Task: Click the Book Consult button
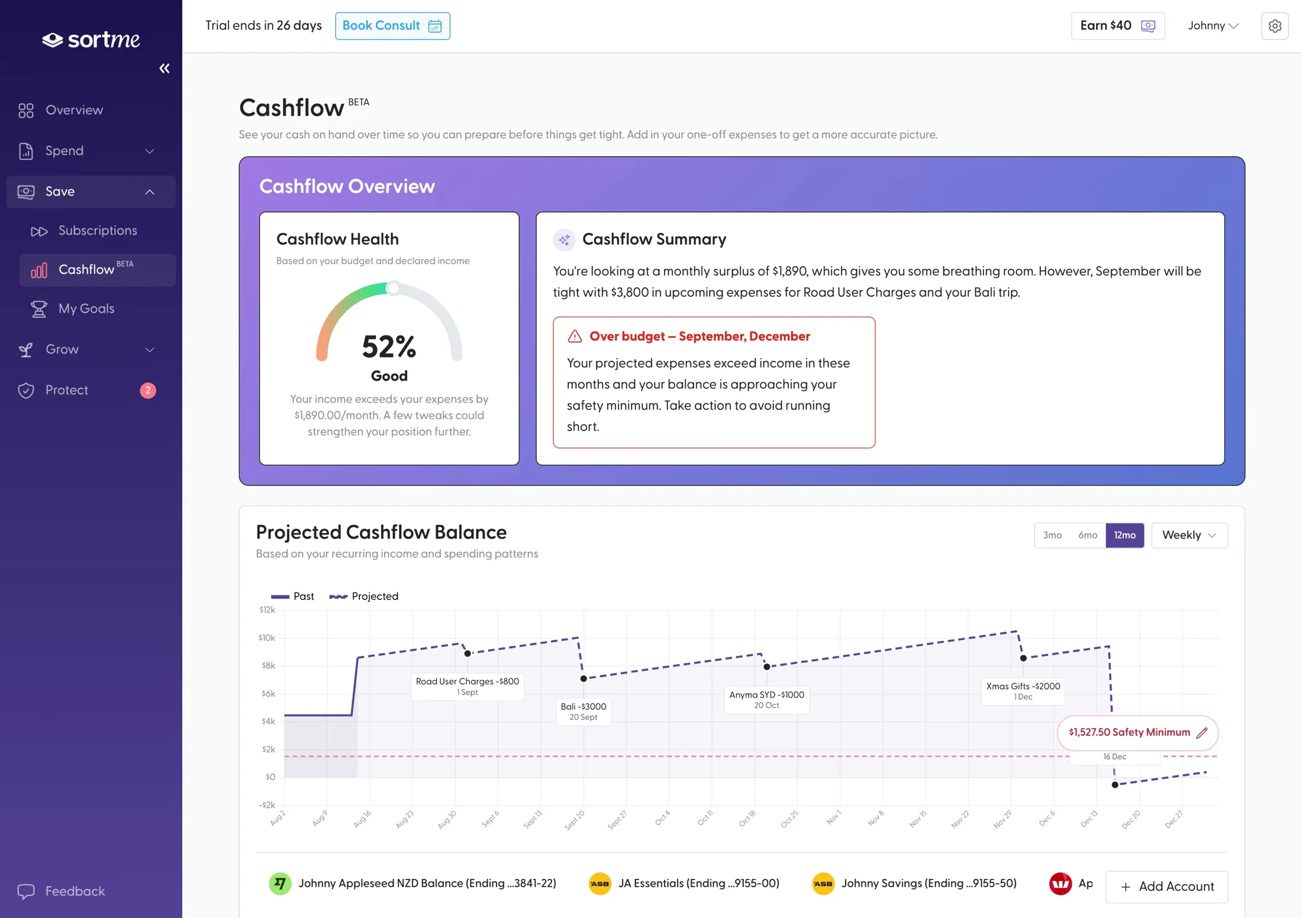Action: (392, 26)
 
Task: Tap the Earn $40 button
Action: (1117, 26)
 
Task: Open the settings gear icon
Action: (1275, 26)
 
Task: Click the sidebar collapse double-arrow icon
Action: (165, 69)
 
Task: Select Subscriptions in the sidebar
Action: (98, 231)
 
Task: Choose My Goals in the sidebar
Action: (86, 309)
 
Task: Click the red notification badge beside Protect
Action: (148, 391)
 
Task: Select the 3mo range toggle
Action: (1052, 535)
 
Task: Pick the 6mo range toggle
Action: (1088, 535)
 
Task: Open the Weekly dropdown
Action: (1190, 535)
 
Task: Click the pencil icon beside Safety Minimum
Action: (1202, 733)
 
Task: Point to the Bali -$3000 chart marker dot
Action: (584, 679)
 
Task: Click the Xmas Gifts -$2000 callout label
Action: (1023, 691)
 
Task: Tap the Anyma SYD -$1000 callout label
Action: (766, 700)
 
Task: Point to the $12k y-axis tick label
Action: (268, 610)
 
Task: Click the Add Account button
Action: (1166, 887)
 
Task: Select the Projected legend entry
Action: (363, 597)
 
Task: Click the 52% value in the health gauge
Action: (389, 347)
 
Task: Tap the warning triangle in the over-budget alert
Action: (575, 337)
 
